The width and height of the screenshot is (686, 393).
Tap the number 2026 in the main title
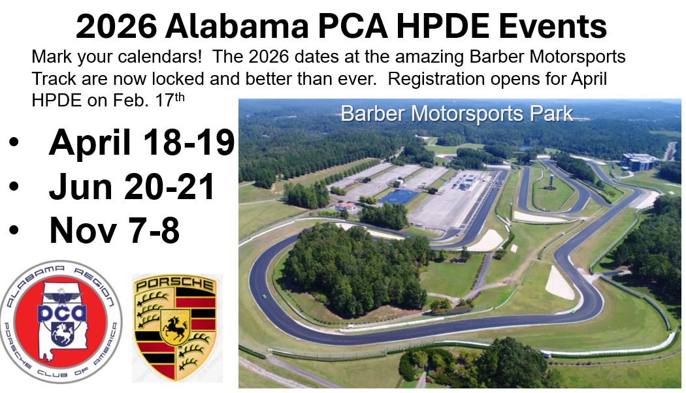(x=116, y=27)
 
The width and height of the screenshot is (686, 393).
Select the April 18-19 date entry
(x=141, y=142)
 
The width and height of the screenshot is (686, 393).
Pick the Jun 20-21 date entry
(x=132, y=187)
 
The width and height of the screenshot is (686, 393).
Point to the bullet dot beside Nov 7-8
(x=14, y=230)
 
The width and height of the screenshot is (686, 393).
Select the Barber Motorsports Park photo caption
(x=457, y=114)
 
